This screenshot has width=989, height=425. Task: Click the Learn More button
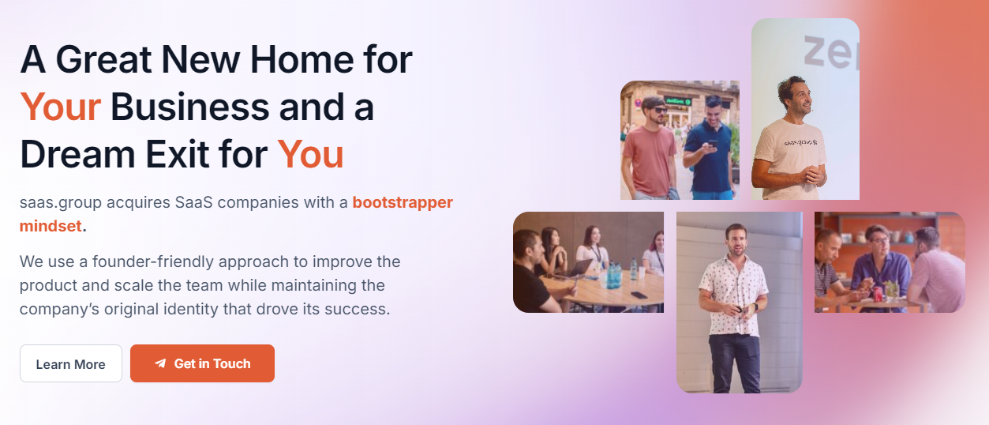(x=71, y=363)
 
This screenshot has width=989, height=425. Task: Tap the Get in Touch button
(x=202, y=363)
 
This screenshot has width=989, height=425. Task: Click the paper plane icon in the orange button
(x=160, y=363)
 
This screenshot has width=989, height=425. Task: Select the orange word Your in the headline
(x=61, y=107)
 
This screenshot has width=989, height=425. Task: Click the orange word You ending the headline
(x=310, y=155)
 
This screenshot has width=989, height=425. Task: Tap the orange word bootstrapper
(x=403, y=202)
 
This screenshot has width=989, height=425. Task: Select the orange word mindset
(x=51, y=226)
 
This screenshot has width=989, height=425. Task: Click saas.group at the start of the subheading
(x=61, y=203)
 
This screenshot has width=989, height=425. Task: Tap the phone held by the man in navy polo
(x=712, y=145)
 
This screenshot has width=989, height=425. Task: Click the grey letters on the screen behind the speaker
(x=831, y=53)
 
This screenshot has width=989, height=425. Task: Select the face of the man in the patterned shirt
(x=736, y=242)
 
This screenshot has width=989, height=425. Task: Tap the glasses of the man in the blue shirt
(x=880, y=241)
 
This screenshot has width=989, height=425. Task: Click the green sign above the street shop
(x=678, y=101)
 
